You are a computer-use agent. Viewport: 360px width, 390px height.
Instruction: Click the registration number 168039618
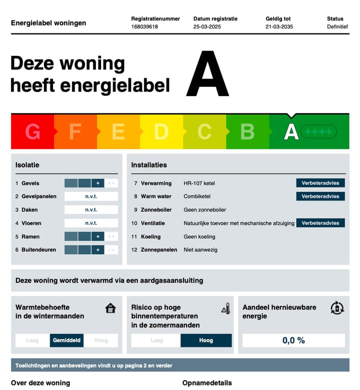point(144,26)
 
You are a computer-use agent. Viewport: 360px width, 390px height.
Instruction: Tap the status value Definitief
point(337,26)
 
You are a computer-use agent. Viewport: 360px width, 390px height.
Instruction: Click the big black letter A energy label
point(207,74)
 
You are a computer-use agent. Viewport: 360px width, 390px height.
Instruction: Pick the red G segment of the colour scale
point(32,131)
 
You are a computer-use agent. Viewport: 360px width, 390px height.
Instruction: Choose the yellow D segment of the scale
point(161,131)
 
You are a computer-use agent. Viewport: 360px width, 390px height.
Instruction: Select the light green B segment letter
point(247,131)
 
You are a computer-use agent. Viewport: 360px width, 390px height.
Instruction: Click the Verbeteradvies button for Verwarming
point(320,183)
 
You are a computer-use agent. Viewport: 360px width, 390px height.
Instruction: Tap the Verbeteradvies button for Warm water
point(320,196)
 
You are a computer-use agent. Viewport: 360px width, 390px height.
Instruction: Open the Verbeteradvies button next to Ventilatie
point(320,223)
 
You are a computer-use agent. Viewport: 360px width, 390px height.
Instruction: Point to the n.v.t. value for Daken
point(91,210)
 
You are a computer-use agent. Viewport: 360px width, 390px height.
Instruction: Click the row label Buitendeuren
point(39,249)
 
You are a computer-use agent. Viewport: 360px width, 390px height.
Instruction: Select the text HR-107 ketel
point(199,183)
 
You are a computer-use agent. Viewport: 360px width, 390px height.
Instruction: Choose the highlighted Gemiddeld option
point(66,340)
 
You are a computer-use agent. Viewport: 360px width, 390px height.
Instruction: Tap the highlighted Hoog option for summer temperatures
point(206,340)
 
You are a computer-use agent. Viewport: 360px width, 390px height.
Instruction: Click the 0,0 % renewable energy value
point(293,340)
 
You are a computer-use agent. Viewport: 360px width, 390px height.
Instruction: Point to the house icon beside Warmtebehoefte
point(110,308)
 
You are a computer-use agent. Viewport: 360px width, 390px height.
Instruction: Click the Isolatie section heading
point(27,164)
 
